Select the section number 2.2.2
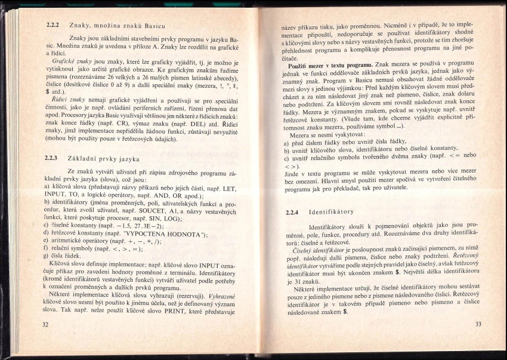point(53,26)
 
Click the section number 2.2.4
point(292,212)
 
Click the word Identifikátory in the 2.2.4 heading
point(331,212)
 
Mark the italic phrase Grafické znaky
point(71,61)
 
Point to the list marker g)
point(47,255)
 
